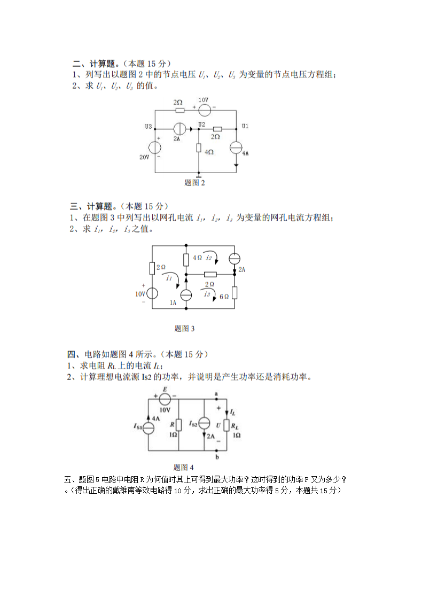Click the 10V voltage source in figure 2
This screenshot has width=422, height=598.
pyautogui.click(x=204, y=110)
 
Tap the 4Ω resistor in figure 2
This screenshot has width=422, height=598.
pyautogui.click(x=199, y=148)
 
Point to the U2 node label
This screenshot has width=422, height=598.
pyautogui.click(x=201, y=125)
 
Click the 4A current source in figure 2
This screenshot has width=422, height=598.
pyautogui.click(x=237, y=148)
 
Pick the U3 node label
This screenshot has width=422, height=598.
pyautogui.click(x=148, y=127)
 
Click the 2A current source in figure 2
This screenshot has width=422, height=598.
pyautogui.click(x=179, y=129)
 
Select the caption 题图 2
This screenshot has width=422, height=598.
pyautogui.click(x=194, y=183)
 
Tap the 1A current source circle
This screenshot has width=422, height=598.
pyautogui.click(x=185, y=294)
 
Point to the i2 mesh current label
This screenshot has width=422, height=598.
pyautogui.click(x=209, y=258)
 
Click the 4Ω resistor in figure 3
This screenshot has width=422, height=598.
pyautogui.click(x=185, y=259)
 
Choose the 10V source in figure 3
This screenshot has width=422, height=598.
pyautogui.click(x=152, y=293)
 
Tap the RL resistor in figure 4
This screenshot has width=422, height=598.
pyautogui.click(x=227, y=426)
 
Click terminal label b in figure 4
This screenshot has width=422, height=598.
pyautogui.click(x=216, y=457)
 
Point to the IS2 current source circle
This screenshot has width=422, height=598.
pyautogui.click(x=205, y=424)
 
